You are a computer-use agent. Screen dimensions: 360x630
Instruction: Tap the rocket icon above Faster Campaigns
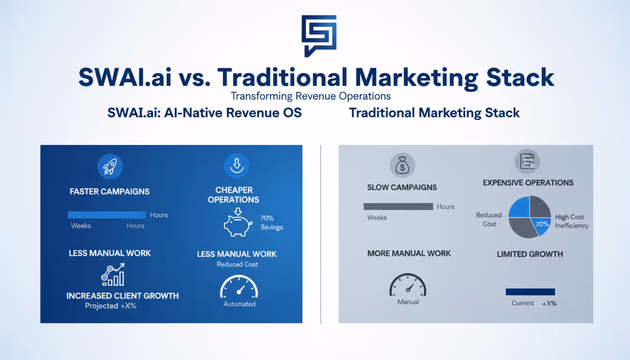point(110,166)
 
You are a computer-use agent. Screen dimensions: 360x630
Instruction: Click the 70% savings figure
point(267,218)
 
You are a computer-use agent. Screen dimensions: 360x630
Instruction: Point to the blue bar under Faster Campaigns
point(107,215)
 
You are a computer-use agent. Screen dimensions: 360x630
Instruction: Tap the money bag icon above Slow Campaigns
point(402,165)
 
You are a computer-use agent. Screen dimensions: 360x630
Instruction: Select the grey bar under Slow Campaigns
point(398,206)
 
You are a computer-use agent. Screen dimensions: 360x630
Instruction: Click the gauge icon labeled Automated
point(239,287)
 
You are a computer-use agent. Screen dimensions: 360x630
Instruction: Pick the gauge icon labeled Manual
point(408,285)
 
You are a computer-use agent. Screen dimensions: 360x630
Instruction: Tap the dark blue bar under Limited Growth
point(530,292)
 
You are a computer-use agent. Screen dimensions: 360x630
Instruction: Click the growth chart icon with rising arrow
point(113,275)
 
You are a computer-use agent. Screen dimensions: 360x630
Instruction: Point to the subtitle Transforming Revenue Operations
point(311,96)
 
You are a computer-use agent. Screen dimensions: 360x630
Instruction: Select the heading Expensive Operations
point(528,182)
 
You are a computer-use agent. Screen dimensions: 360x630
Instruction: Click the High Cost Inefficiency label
point(571,221)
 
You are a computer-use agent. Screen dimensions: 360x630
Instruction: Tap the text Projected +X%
point(111,306)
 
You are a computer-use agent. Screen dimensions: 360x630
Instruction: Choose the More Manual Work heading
point(409,253)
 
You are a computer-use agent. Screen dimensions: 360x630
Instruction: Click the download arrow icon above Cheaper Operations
point(237,165)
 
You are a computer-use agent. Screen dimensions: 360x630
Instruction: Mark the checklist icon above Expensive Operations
point(527,162)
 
